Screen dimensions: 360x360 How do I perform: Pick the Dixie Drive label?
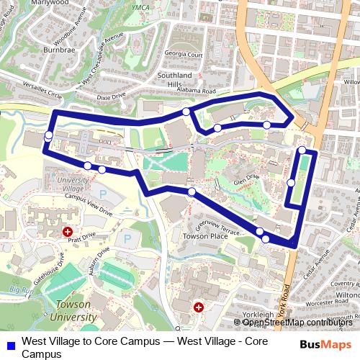pos(111,94)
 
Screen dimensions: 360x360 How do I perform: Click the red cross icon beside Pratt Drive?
pos(68,232)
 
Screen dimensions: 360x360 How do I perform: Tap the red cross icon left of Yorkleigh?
pos(199,307)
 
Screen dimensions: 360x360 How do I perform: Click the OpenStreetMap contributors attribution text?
pos(298,323)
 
